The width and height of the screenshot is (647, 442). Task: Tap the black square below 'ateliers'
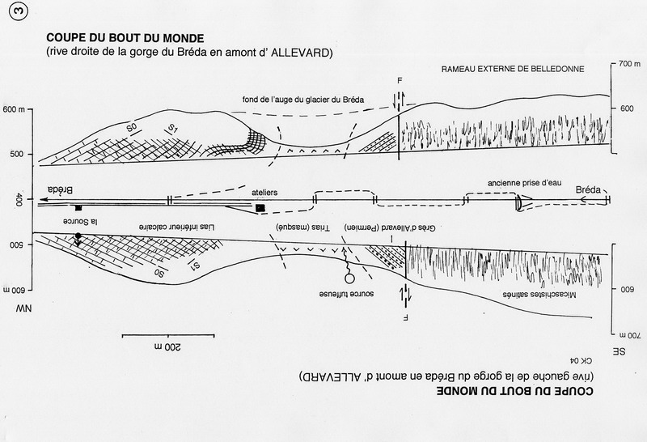260,208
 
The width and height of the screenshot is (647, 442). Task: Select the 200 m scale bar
167,334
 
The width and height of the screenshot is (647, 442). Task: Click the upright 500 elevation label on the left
16,157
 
